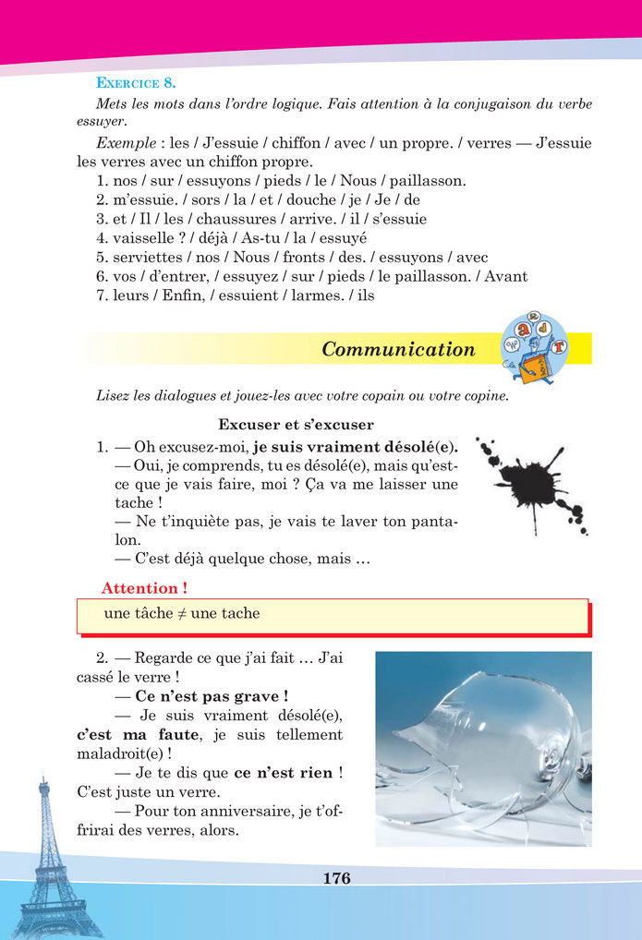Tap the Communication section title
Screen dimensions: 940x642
point(398,349)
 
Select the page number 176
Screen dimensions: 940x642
point(337,878)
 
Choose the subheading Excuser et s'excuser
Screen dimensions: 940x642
point(296,425)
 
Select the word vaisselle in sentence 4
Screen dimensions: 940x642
point(142,238)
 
